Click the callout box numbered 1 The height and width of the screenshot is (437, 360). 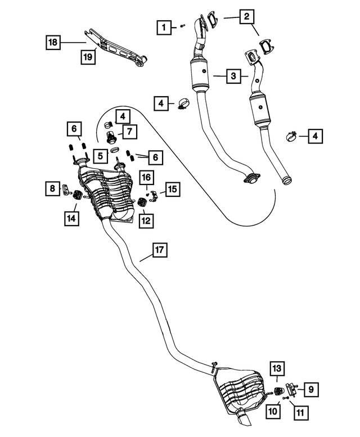(163, 26)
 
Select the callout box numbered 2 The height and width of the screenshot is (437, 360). (246, 17)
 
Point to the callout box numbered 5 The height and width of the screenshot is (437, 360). (100, 155)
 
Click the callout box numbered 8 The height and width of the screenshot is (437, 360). (52, 189)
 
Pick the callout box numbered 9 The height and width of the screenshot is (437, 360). (311, 388)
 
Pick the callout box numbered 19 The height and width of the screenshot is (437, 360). (87, 56)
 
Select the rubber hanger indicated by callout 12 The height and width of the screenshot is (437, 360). (141, 202)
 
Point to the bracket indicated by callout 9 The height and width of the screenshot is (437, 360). (292, 389)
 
